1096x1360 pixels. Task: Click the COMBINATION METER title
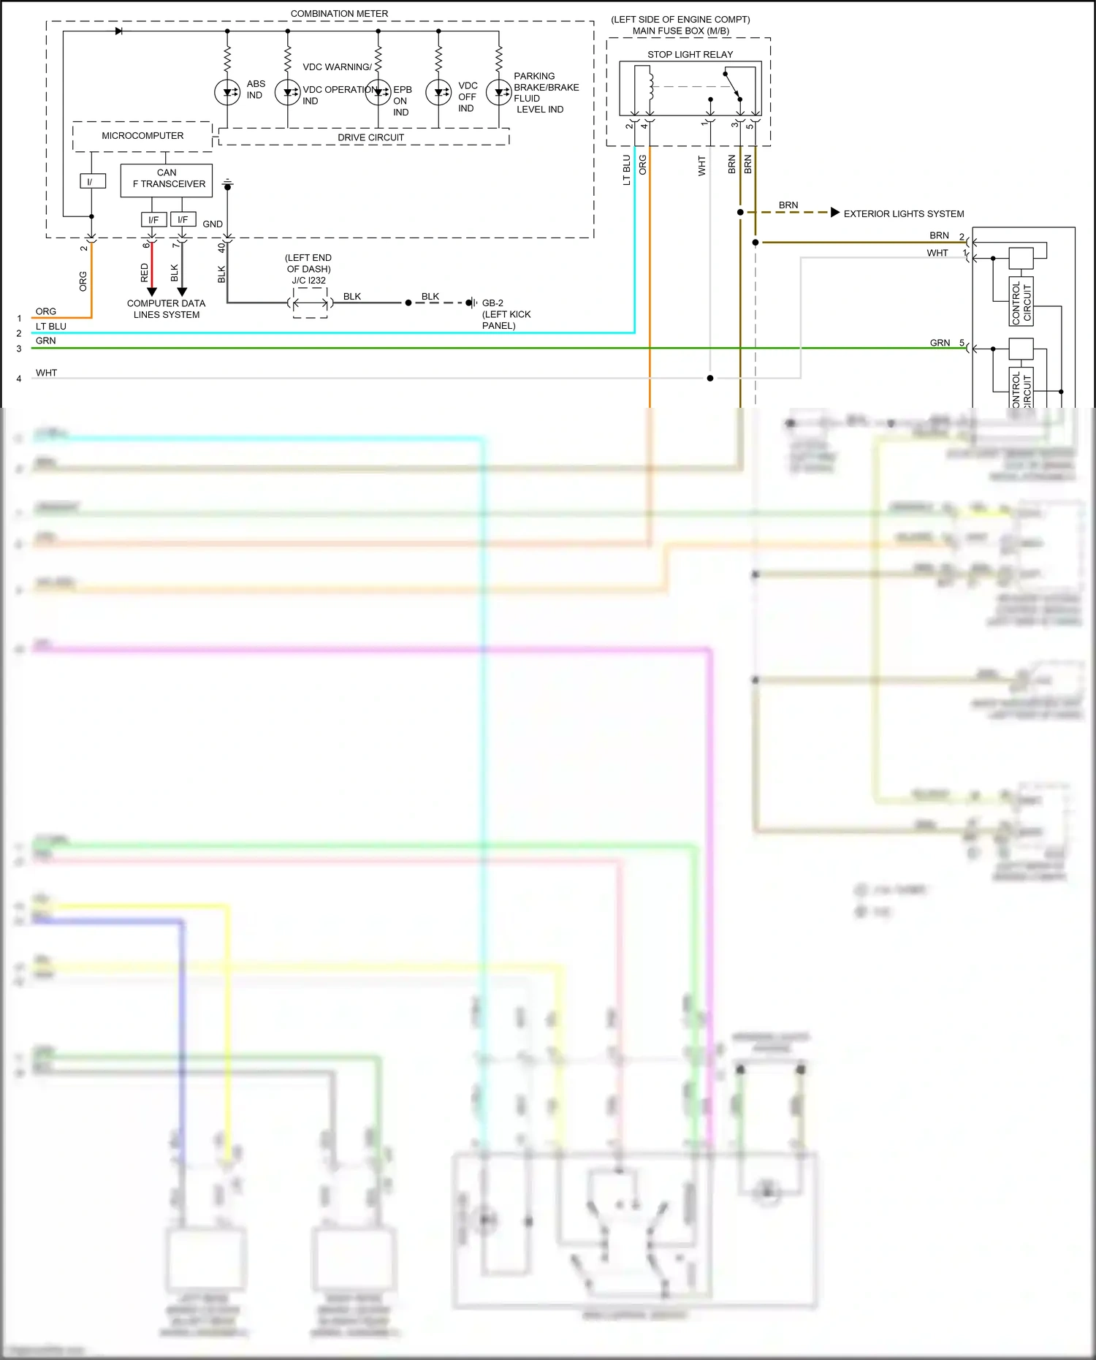coord(339,13)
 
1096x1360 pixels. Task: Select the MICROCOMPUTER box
coord(142,136)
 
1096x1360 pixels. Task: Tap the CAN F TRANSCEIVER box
coord(167,180)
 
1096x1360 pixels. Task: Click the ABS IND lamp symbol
coord(227,92)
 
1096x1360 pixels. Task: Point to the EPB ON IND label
coord(402,101)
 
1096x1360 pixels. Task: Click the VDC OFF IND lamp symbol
coord(438,92)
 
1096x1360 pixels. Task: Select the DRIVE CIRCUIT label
coord(370,137)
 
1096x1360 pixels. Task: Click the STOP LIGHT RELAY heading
coord(690,54)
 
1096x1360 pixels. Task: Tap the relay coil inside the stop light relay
coord(649,84)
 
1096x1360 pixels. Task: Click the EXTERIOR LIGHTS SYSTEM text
coord(904,213)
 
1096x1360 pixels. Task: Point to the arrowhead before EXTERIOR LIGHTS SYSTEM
coord(835,213)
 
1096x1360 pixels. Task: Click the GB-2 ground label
coord(492,303)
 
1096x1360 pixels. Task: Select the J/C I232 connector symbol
coord(311,303)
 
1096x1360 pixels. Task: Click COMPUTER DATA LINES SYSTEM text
coord(167,309)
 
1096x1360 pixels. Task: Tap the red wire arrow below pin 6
coord(152,292)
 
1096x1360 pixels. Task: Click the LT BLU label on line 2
coord(51,327)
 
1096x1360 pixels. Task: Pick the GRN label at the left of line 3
coord(45,341)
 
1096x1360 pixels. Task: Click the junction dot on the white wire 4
coord(710,378)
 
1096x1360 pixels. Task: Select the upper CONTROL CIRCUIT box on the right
coord(1021,301)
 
